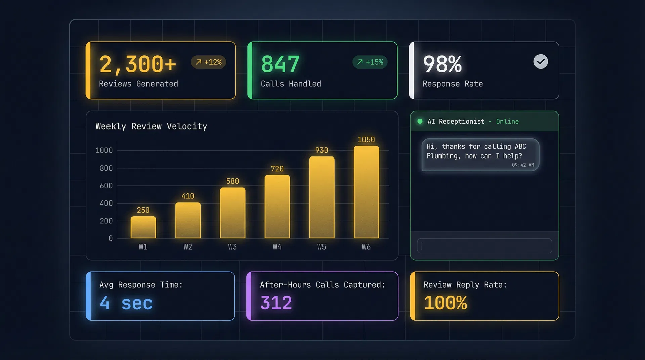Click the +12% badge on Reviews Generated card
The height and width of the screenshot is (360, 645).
click(209, 62)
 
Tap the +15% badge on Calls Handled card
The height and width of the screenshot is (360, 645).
click(370, 62)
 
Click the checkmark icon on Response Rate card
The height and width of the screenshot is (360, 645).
click(541, 61)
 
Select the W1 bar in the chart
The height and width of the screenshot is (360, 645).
click(143, 227)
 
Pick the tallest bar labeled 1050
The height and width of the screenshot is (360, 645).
click(366, 192)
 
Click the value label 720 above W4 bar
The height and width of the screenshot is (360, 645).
click(277, 169)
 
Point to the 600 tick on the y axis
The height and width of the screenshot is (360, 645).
click(106, 186)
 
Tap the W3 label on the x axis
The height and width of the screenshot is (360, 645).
click(232, 247)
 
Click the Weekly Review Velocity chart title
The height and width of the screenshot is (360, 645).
click(151, 126)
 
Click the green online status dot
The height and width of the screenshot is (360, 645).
click(420, 121)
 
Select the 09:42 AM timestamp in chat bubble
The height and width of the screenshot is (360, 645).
click(523, 165)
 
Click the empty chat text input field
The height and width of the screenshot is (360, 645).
click(484, 246)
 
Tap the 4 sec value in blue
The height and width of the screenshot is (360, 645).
click(126, 303)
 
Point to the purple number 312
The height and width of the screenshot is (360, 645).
click(276, 303)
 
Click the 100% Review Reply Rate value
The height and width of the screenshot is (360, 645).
click(445, 303)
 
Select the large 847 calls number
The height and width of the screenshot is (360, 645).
click(280, 64)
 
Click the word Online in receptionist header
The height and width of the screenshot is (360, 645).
click(507, 121)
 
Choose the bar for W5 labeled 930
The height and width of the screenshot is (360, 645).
click(321, 197)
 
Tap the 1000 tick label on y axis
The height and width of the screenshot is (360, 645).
click(104, 150)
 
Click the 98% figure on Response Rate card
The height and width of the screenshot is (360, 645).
click(442, 64)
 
